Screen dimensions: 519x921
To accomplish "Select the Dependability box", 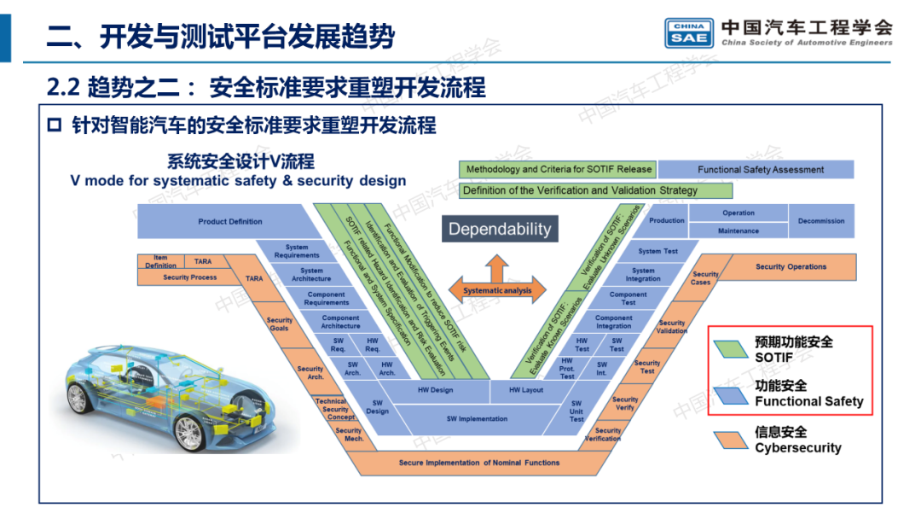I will tap(500, 229).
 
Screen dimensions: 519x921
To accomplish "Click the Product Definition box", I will tap(230, 222).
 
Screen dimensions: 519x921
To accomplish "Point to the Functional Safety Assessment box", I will tap(761, 170).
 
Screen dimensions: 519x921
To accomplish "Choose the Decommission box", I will tap(821, 221).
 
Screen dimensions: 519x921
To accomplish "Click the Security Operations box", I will tap(791, 267).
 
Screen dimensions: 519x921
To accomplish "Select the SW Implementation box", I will tap(478, 419).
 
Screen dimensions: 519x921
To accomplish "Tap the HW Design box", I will tap(436, 391).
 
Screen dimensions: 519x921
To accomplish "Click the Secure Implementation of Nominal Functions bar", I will tap(479, 463).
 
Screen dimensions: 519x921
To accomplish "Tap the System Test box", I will tap(658, 251).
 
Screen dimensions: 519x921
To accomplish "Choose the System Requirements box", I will tap(297, 251).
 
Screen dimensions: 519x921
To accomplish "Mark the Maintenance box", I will tap(738, 230).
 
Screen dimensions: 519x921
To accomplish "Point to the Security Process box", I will tap(190, 277).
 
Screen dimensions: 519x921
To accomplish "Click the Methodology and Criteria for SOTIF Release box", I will tap(559, 169).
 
